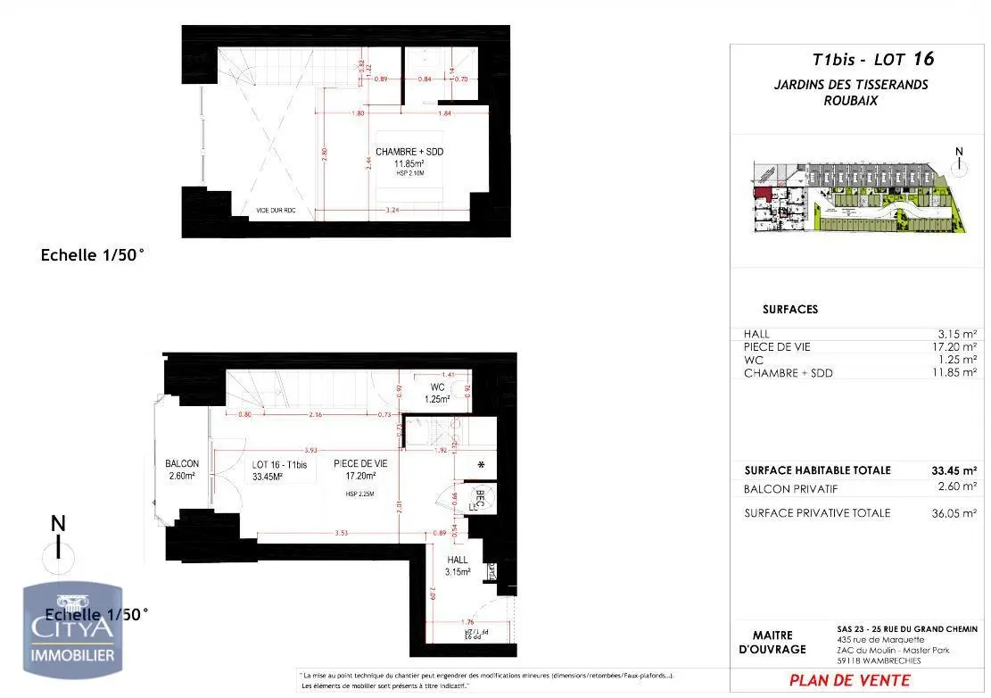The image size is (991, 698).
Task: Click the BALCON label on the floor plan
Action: point(182,464)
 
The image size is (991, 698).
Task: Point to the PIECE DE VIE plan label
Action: point(360,464)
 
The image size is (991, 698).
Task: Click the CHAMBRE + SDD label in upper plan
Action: point(409,152)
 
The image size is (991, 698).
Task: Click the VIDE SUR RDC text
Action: point(276,212)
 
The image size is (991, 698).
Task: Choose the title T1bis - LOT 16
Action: point(873,61)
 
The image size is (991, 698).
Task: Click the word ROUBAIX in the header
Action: point(850,101)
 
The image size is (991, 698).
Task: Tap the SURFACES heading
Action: point(790,310)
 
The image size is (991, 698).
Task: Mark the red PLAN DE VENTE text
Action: point(850,680)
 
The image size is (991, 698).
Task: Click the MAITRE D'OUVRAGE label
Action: point(772,642)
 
